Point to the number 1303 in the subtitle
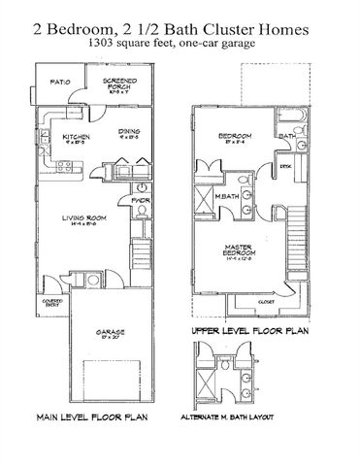[130, 46]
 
